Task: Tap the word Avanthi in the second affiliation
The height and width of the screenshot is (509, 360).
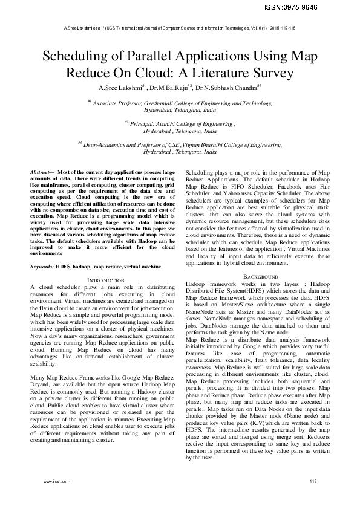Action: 174,123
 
